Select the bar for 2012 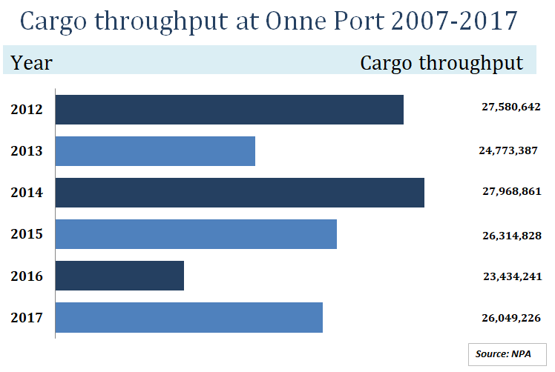(229, 110)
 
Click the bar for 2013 (155, 151)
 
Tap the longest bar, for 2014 (240, 193)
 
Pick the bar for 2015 (196, 234)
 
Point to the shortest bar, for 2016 (119, 276)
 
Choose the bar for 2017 (189, 317)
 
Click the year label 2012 (27, 110)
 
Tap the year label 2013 (27, 151)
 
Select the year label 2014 (27, 193)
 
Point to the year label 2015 (27, 234)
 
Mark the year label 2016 (27, 276)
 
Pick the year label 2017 (27, 318)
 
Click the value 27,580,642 (510, 107)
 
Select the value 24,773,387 (509, 150)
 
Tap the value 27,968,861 (511, 192)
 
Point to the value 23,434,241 (511, 276)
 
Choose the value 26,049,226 (510, 318)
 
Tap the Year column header (32, 63)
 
